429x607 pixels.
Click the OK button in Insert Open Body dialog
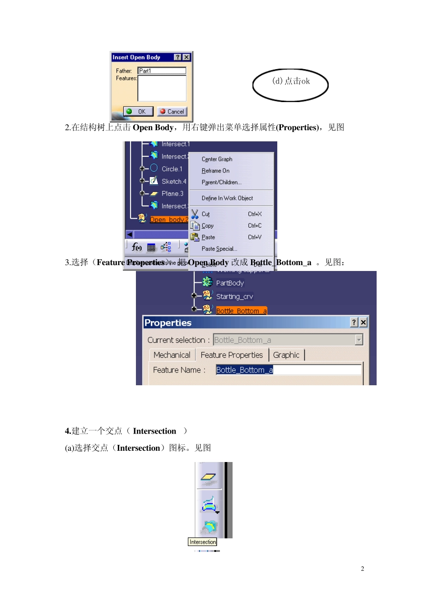pos(138,112)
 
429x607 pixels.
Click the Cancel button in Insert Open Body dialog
pos(172,112)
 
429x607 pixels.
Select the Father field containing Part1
pos(162,71)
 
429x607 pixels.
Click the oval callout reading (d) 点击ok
pos(290,85)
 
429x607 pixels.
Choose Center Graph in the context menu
pos(217,159)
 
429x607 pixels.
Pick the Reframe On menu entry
pos(215,171)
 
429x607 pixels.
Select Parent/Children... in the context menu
pos(221,182)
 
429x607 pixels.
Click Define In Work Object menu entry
pos(227,198)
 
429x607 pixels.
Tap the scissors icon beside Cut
pos(195,214)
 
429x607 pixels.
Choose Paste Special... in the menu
pos(219,249)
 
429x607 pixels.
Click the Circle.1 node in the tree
pos(172,169)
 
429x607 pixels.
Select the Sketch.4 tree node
pos(173,182)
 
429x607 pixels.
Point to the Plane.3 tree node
pos(172,194)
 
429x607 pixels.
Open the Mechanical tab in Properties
pos(172,355)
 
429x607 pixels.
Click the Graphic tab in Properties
pos(286,355)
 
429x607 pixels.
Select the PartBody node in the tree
pos(229,283)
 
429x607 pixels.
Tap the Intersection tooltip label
pos(203,542)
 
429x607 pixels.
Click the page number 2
pos(362,569)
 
